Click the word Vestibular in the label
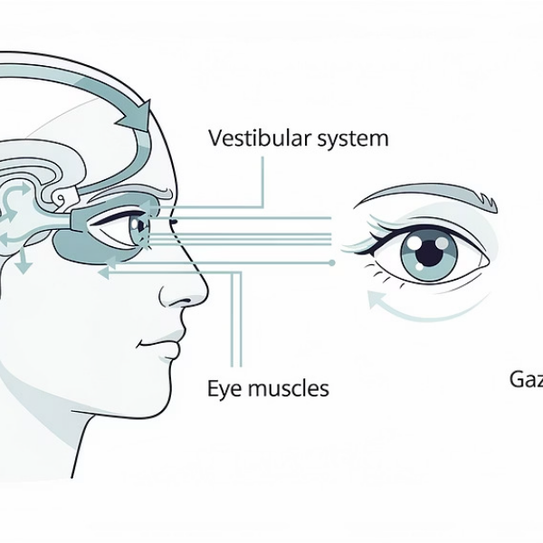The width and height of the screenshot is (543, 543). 252,139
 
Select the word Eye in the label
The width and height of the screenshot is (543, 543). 224,390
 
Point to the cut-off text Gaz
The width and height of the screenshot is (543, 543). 525,379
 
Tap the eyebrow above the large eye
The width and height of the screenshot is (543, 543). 425,193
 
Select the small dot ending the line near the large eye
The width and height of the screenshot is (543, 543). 333,262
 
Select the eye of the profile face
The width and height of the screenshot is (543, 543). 137,226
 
